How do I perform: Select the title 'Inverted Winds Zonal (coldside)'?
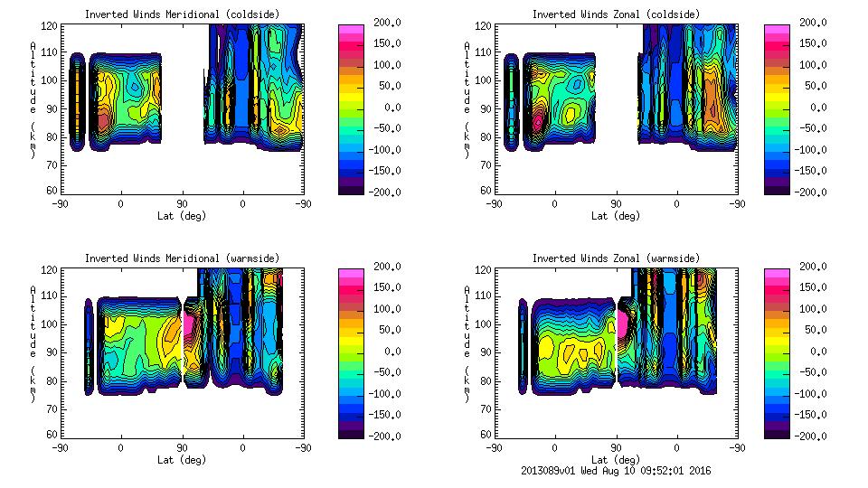tap(616, 14)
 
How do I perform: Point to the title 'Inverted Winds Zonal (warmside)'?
tap(616, 258)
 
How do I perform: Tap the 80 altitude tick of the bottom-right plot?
tap(486, 380)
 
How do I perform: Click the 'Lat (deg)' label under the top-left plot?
tap(181, 216)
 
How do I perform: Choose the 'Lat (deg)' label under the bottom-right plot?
tap(616, 459)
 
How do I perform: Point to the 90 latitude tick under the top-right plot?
tap(616, 204)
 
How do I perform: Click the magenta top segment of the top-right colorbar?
tap(777, 30)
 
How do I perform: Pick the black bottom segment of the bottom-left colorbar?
tap(350, 431)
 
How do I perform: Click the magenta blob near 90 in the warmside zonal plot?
tap(621, 323)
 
